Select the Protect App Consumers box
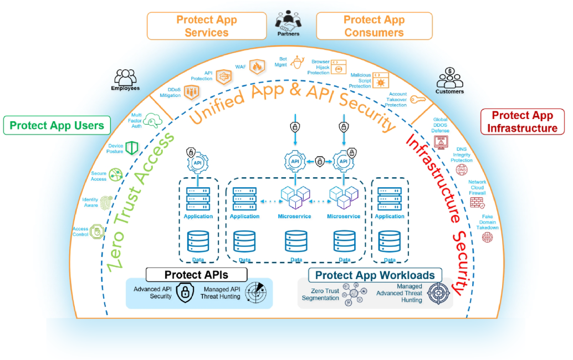(x=374, y=26)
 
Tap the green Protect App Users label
(x=57, y=125)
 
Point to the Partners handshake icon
(x=288, y=20)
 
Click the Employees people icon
(x=125, y=76)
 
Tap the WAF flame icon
(x=257, y=67)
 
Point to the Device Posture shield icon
(x=131, y=148)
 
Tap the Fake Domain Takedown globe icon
(x=487, y=238)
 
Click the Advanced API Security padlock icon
(x=185, y=292)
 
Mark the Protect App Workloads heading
(x=375, y=275)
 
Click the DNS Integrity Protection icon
(x=461, y=169)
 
